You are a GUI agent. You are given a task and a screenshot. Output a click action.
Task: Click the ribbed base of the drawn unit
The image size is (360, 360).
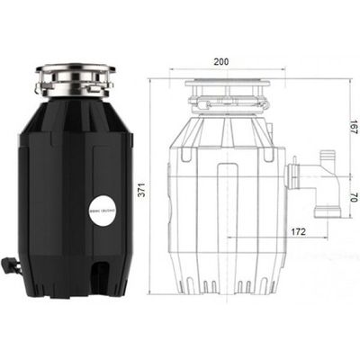coord(230,279)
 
